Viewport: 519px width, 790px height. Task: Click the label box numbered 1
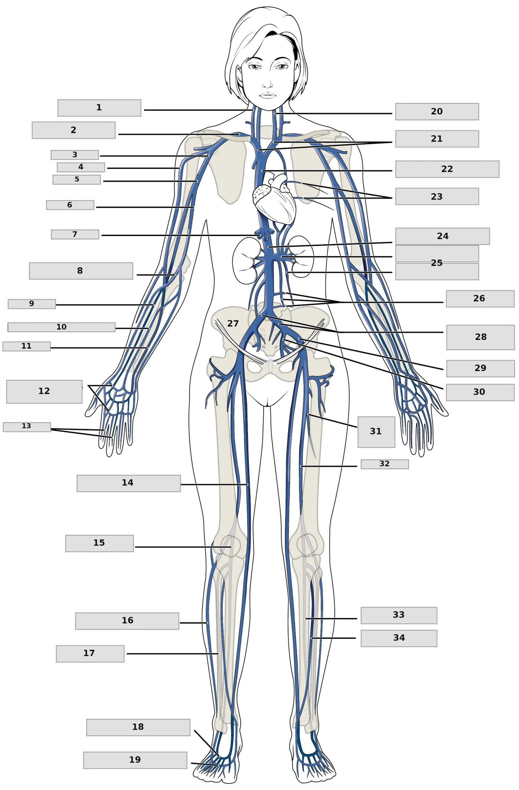click(x=99, y=108)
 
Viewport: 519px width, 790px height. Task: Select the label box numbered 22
click(x=447, y=169)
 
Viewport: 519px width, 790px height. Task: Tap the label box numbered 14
click(x=129, y=483)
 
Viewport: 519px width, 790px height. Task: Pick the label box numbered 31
click(x=376, y=432)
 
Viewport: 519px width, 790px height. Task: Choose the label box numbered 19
click(x=135, y=760)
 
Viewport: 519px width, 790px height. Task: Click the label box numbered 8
click(x=81, y=271)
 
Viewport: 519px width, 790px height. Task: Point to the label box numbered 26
click(x=480, y=299)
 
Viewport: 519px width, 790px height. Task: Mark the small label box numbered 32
click(x=385, y=464)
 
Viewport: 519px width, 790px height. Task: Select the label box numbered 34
click(x=399, y=638)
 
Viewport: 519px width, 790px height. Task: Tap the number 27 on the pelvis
click(x=233, y=323)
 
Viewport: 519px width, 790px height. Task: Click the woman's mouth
click(x=267, y=95)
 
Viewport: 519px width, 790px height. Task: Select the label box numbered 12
click(x=44, y=392)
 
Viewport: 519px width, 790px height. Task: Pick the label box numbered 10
click(x=62, y=327)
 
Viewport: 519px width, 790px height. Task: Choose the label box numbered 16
click(x=127, y=621)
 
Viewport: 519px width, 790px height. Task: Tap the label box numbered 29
click(x=481, y=369)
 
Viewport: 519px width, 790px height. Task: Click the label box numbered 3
click(x=75, y=155)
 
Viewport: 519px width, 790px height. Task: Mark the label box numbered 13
click(x=27, y=427)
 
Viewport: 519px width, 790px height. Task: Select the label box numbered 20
click(x=437, y=112)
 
